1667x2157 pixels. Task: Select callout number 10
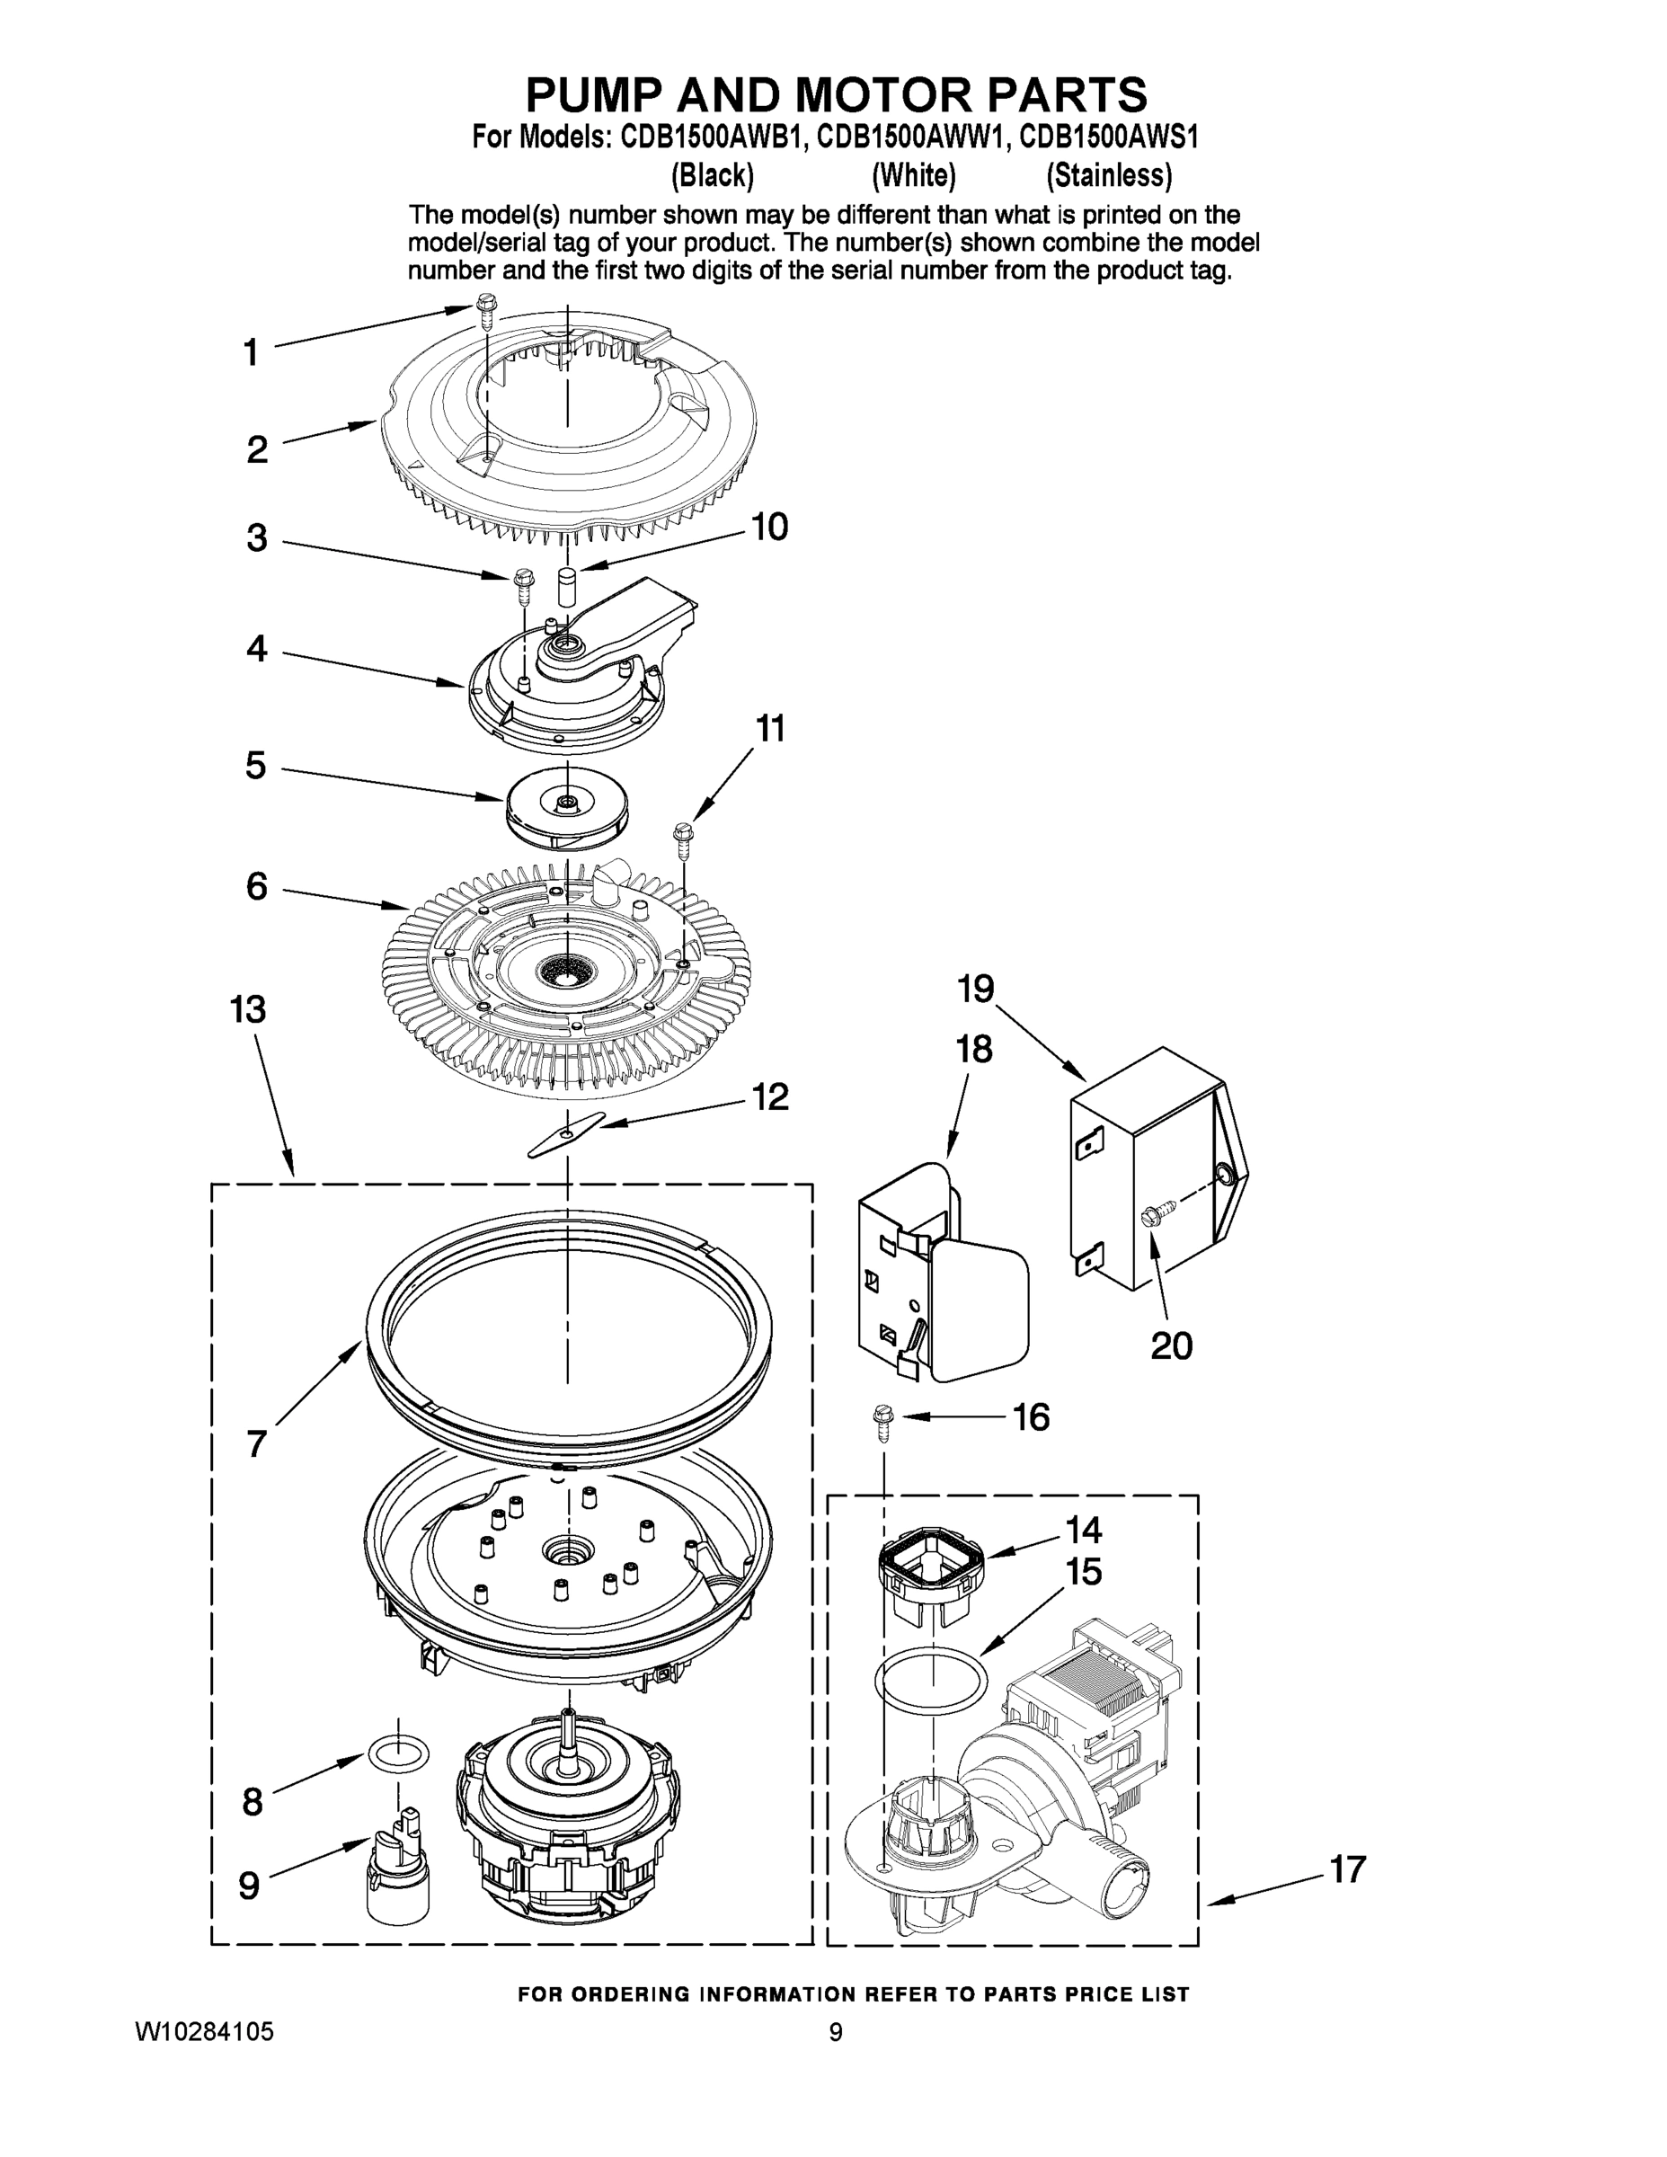769,528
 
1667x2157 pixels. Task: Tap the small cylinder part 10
567,589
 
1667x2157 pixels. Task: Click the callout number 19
976,989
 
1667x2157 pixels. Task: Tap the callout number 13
248,1009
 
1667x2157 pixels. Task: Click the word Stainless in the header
1109,176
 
